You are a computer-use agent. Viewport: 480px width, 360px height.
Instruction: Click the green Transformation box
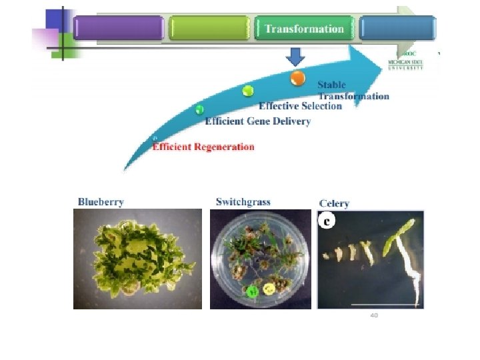[x=304, y=29]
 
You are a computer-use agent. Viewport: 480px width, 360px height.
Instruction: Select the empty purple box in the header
[x=119, y=29]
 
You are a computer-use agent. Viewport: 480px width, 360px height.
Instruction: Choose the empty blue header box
[x=397, y=29]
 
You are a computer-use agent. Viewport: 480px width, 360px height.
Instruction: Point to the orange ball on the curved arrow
[x=298, y=78]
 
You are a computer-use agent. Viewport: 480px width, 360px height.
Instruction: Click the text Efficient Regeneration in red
[x=203, y=147]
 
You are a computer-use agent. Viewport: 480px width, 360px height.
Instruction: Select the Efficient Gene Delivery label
[x=257, y=121]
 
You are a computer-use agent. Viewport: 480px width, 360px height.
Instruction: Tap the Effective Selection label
[x=300, y=106]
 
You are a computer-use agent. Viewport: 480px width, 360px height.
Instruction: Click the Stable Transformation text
[x=352, y=91]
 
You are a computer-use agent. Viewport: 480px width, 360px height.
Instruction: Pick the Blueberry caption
[x=101, y=201]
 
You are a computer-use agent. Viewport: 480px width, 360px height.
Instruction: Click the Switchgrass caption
[x=243, y=201]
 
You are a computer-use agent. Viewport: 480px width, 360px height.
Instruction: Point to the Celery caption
[x=334, y=203]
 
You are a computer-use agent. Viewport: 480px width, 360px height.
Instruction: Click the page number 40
[x=374, y=315]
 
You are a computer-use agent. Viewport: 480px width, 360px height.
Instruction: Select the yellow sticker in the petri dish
[x=269, y=289]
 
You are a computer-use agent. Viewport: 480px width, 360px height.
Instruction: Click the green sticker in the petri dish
[x=252, y=291]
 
